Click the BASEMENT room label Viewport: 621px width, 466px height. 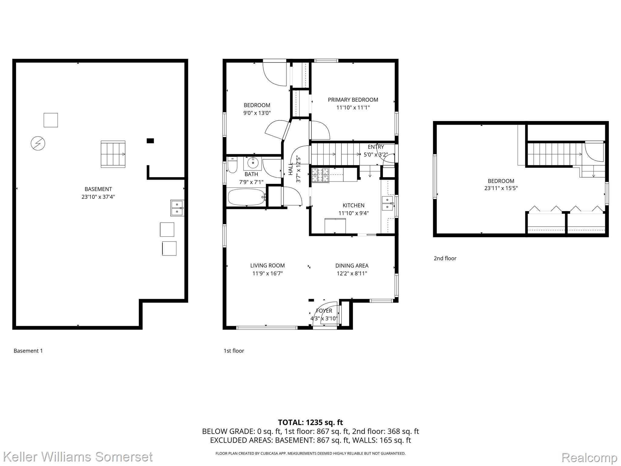click(x=98, y=189)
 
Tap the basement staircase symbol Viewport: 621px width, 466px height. click(x=113, y=154)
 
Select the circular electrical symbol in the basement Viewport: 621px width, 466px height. click(x=38, y=143)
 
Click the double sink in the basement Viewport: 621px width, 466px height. click(x=177, y=208)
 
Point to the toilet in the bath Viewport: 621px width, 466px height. click(x=232, y=165)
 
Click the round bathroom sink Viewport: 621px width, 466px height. click(x=253, y=163)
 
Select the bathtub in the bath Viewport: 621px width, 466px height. click(x=247, y=197)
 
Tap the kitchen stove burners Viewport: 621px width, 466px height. click(x=321, y=175)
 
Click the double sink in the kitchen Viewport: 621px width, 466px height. click(x=387, y=203)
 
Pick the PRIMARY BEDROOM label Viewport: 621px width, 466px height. click(x=353, y=100)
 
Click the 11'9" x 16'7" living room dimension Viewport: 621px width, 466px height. click(x=267, y=273)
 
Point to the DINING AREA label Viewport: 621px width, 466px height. click(x=352, y=266)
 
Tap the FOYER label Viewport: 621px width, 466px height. click(x=324, y=311)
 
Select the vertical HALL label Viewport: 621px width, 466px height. click(x=291, y=169)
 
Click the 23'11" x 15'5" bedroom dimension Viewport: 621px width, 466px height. click(x=501, y=188)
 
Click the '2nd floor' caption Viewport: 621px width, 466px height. click(x=445, y=258)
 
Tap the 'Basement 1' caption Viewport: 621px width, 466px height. click(x=28, y=351)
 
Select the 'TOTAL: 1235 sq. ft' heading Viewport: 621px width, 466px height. click(x=310, y=422)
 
